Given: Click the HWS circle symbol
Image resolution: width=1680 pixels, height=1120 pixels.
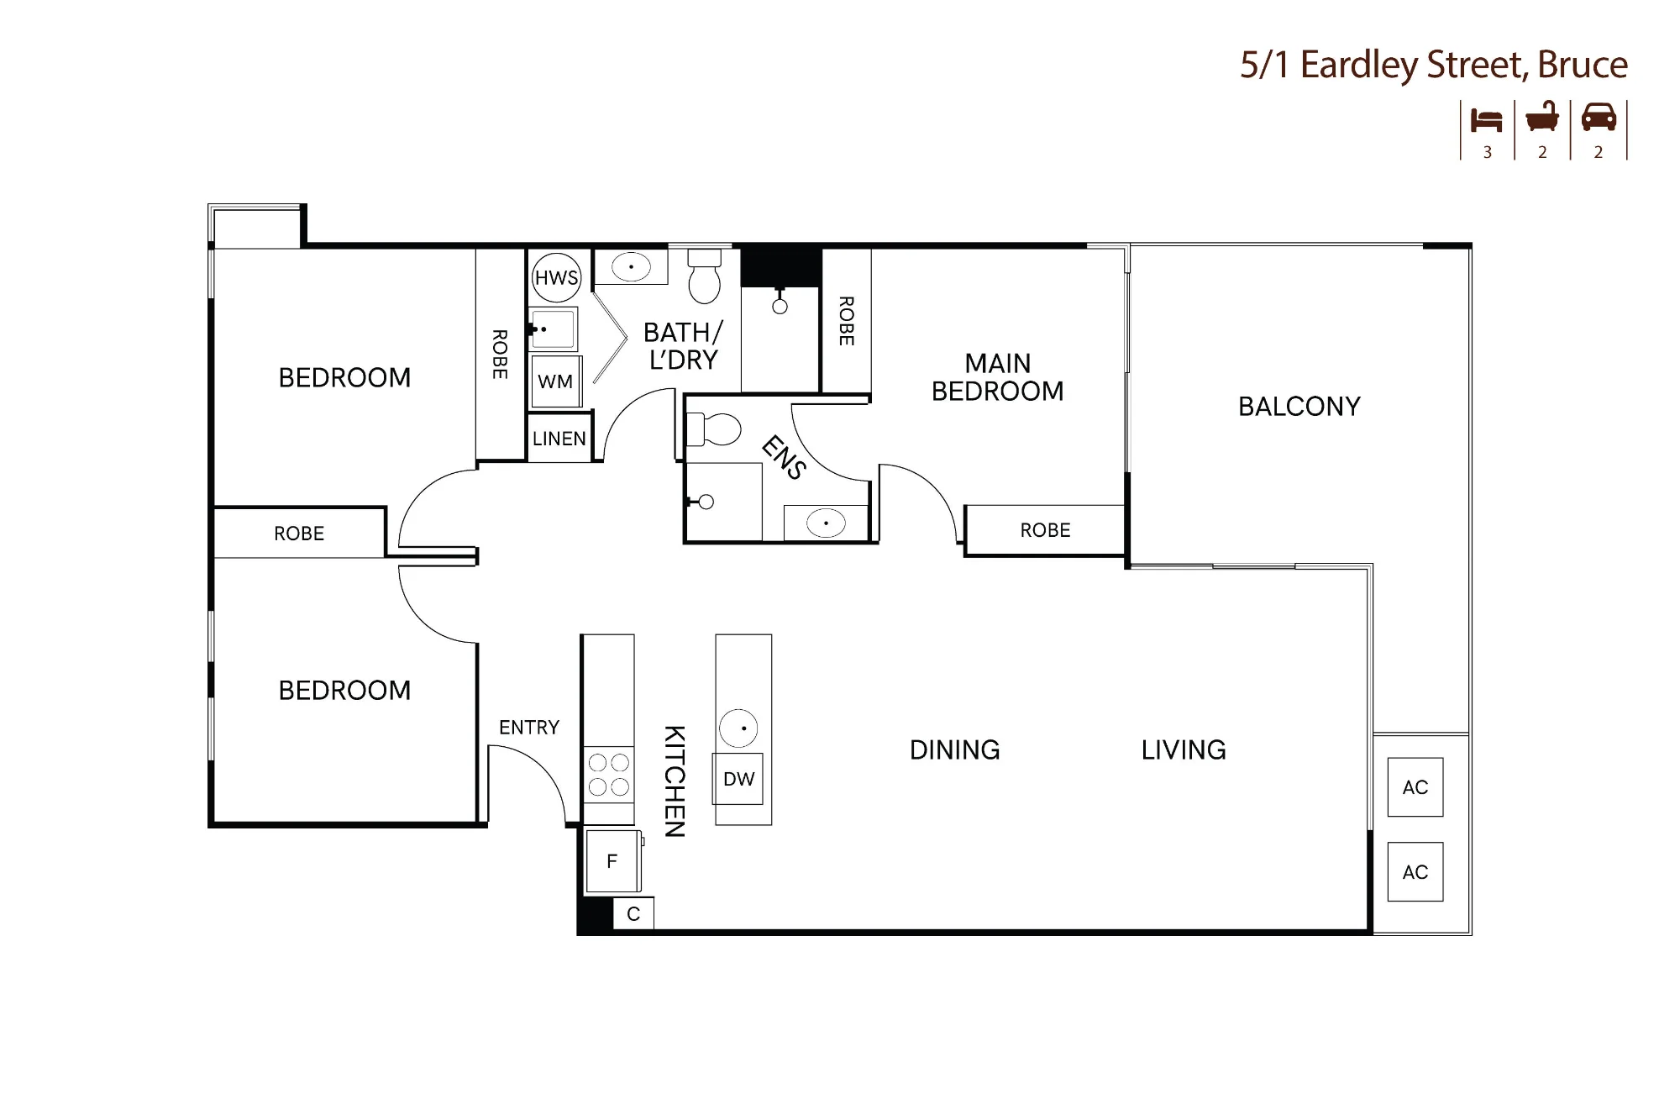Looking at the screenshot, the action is [x=556, y=277].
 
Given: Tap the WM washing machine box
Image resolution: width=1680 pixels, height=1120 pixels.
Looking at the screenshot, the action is [x=555, y=381].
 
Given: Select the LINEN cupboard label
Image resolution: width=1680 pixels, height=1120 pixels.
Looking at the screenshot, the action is [x=559, y=439].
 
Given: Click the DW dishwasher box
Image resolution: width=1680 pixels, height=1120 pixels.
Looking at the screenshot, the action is [x=738, y=779].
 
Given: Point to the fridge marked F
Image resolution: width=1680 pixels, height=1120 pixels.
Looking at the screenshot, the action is [x=613, y=860].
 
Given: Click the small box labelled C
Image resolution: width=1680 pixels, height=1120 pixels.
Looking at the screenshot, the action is [x=633, y=914].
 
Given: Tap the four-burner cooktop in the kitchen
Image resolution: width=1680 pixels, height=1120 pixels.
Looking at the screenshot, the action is [x=609, y=775].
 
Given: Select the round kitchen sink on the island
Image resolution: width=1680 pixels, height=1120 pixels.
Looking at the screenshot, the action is [x=738, y=728].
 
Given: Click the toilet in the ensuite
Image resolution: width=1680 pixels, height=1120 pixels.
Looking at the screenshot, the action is [x=713, y=429].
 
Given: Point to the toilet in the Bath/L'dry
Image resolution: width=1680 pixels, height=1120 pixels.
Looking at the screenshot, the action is [x=704, y=275].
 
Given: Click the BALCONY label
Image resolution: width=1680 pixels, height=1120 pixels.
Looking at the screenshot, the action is [x=1299, y=407].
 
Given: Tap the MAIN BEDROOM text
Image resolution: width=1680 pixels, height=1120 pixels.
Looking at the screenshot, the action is [x=998, y=377].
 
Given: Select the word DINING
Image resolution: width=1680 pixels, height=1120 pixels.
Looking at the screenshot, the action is [x=955, y=749].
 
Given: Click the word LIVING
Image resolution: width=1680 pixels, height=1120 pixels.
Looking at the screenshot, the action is [x=1184, y=749].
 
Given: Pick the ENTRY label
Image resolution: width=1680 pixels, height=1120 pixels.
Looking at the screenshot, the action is [x=529, y=728].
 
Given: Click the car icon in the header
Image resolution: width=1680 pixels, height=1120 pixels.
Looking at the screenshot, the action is [x=1599, y=118].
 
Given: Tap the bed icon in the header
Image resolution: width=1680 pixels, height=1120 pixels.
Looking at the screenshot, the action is [x=1486, y=120].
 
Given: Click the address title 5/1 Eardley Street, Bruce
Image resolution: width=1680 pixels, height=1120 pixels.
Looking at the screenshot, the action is [x=1434, y=65].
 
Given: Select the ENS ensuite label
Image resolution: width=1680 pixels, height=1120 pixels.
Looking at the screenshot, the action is [x=784, y=458].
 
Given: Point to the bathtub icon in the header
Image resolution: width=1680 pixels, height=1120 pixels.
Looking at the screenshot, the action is [x=1542, y=117].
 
